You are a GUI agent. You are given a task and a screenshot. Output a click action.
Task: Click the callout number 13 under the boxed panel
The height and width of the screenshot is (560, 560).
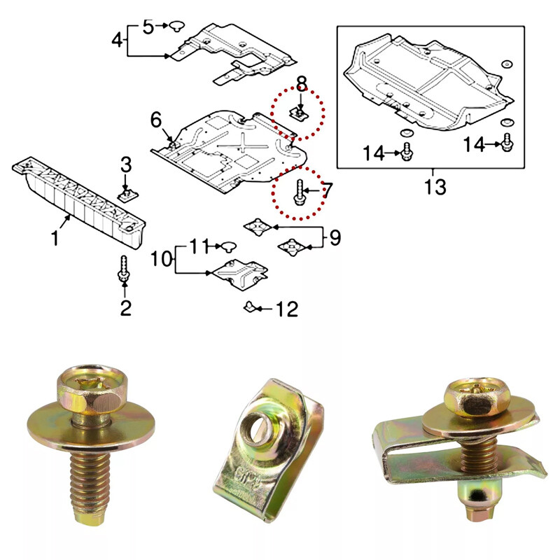pos(435,187)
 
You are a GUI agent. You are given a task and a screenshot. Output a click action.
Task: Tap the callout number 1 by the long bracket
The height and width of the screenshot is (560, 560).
pos(55,238)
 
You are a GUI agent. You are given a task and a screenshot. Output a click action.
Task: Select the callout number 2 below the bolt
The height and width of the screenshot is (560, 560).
pos(126,307)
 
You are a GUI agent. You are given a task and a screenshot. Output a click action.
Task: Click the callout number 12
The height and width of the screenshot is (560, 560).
pos(287,309)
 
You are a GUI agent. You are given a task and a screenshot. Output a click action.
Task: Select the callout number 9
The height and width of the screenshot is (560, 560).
pos(335,237)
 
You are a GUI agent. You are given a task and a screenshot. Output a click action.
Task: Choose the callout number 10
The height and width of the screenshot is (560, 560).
pos(162,258)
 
